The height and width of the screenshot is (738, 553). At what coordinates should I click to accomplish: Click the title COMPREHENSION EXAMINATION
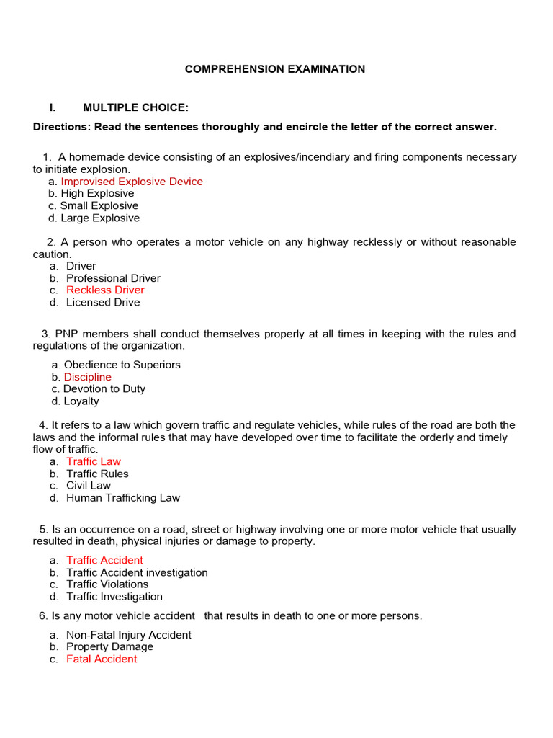point(275,69)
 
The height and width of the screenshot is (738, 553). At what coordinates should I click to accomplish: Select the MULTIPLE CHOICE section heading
point(135,107)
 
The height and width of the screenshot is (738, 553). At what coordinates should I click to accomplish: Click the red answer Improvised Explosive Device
point(132,182)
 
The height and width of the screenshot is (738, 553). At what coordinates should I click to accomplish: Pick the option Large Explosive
point(100,218)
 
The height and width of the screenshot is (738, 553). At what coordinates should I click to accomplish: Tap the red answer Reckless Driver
point(105,290)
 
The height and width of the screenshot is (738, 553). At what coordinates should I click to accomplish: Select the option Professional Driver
point(113,278)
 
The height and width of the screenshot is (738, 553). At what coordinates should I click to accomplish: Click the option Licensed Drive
point(103,302)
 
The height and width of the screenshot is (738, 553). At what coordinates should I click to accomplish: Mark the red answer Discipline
point(88,377)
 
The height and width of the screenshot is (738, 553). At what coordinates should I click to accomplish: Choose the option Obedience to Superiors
point(122,365)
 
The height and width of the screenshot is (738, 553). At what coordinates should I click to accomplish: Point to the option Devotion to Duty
point(104,388)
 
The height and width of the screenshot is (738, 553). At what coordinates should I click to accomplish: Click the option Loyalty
point(81,401)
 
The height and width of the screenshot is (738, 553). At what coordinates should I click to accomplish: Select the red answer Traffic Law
point(94,461)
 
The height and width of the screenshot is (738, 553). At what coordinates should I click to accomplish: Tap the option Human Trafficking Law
point(123,497)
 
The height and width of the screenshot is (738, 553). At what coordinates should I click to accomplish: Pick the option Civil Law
point(89,485)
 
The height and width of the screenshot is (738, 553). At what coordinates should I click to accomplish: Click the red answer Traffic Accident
point(104,560)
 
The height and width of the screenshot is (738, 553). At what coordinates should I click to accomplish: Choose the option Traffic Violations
point(107,584)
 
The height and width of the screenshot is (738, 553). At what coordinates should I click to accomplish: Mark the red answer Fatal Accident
point(102,659)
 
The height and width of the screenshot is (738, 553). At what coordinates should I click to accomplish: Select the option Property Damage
point(109,646)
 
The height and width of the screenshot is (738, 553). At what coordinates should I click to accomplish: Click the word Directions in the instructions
point(60,127)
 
